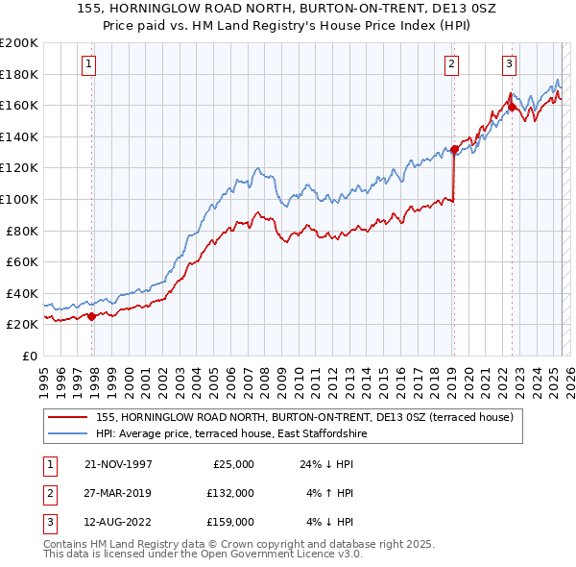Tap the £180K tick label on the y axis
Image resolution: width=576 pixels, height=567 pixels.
coord(19,74)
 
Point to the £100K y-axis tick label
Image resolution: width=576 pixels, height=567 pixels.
coord(19,199)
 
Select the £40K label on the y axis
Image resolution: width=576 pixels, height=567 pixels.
coord(22,293)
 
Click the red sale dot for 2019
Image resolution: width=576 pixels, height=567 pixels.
coord(453,149)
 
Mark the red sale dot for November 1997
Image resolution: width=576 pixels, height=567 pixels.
coord(92,316)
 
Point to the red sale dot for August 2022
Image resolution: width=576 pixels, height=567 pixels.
coord(512,107)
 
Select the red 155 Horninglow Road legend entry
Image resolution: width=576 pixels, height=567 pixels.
coord(305,417)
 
